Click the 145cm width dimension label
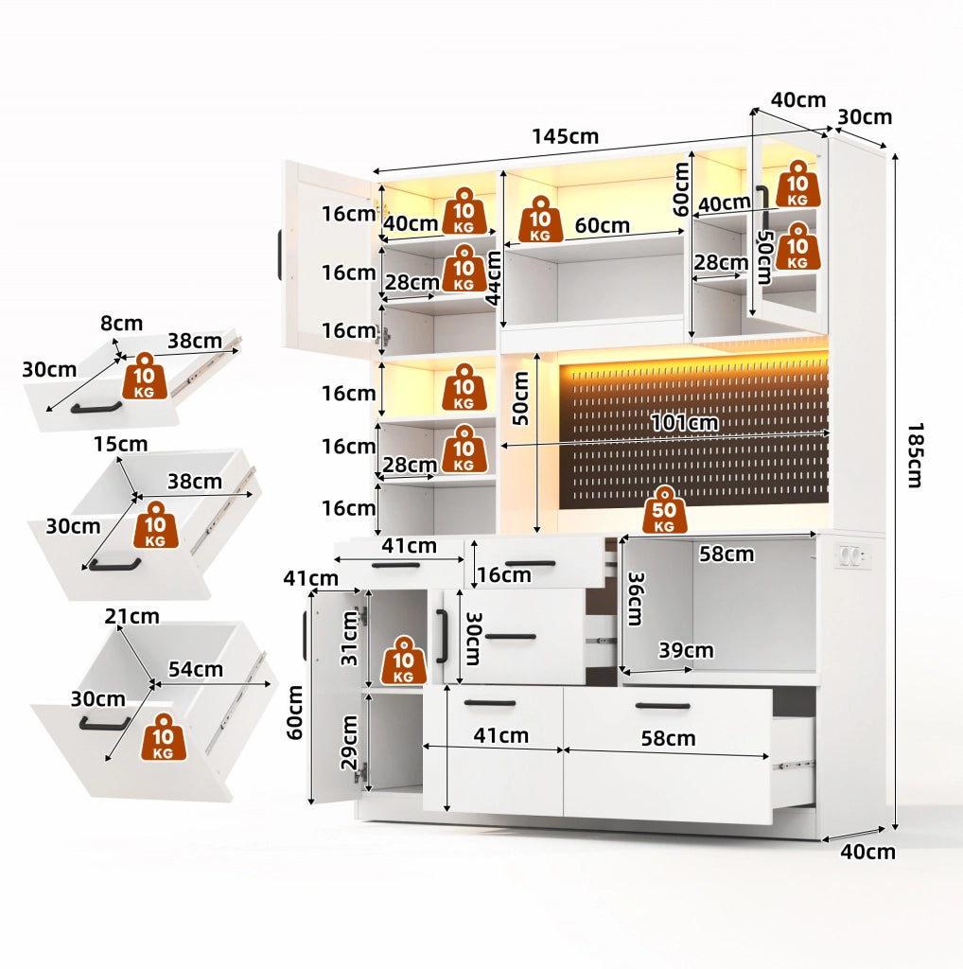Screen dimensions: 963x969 click(565, 136)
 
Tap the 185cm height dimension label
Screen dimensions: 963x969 click(916, 455)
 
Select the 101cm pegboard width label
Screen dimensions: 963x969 click(685, 423)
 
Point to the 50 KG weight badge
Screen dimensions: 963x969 click(665, 509)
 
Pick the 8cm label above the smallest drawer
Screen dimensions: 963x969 click(122, 324)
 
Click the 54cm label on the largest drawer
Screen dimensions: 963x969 click(195, 669)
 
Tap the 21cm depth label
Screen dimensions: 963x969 click(131, 616)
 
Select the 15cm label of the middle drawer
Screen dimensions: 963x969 click(120, 445)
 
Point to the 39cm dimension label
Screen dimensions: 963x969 click(686, 650)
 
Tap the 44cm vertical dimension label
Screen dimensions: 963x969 click(493, 278)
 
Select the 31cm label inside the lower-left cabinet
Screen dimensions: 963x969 click(350, 638)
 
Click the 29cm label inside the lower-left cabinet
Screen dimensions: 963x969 click(350, 742)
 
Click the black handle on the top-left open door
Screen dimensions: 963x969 click(280, 255)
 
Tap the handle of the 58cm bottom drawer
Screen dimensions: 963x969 click(663, 706)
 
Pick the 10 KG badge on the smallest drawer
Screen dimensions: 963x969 click(145, 376)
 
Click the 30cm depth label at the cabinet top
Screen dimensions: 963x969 click(865, 116)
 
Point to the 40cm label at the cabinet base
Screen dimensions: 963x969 click(867, 852)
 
